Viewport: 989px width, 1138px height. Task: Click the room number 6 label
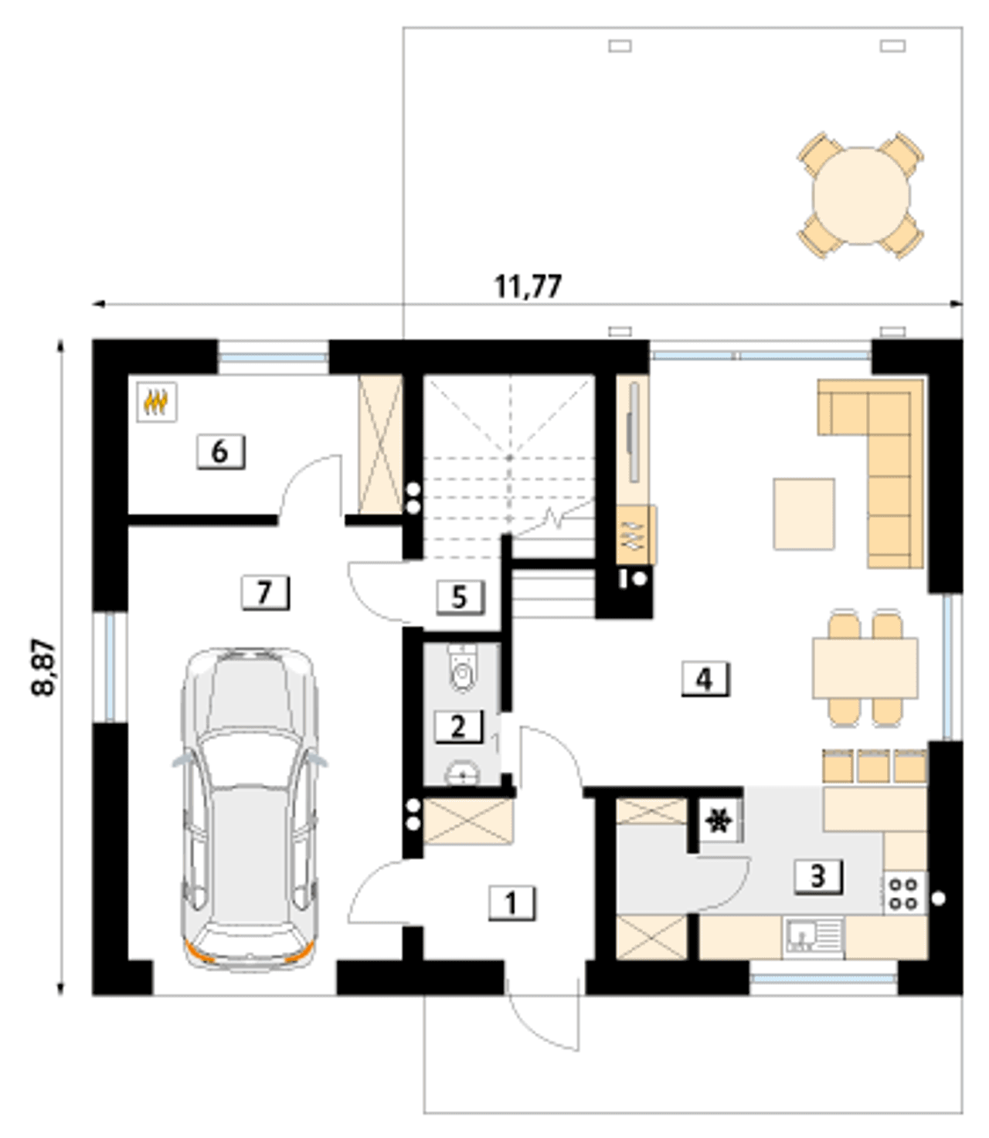220,451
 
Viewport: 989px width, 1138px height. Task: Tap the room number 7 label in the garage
265,593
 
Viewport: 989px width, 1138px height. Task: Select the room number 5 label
460,598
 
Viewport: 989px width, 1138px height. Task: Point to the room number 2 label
458,726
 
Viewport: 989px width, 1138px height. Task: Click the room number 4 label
705,679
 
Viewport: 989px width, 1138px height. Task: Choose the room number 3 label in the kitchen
818,877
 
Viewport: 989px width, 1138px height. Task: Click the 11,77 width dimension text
528,287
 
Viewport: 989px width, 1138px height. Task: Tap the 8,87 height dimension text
43,668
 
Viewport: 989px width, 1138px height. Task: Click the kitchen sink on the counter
814,938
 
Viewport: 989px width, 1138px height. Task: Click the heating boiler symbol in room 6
157,401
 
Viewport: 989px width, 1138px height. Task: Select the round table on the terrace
861,195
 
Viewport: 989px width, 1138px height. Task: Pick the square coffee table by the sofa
804,514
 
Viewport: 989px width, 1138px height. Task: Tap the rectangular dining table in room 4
865,668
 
